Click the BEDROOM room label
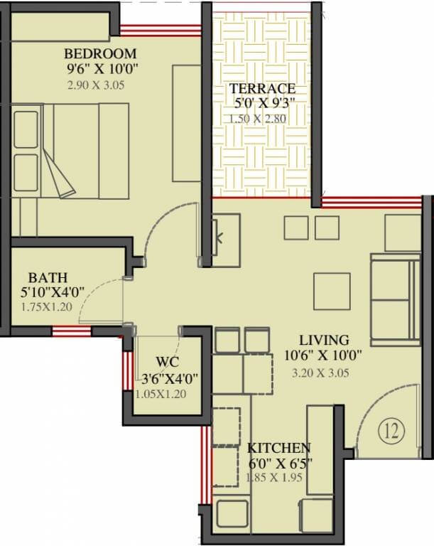point(100,54)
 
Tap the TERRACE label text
point(261,88)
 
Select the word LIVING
point(323,340)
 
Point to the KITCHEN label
point(278,448)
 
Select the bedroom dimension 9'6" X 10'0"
point(100,70)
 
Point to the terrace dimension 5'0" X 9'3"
point(261,103)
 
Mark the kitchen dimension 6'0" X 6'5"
point(278,463)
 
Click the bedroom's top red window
point(160,31)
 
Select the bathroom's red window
point(71,331)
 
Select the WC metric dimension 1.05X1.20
point(161,394)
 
